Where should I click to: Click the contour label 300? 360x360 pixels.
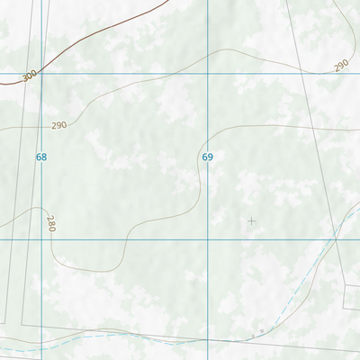pos(29,76)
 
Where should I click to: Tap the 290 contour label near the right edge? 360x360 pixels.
pos(340,66)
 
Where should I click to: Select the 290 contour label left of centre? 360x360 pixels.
pos(59,125)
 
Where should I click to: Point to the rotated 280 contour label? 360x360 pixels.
pos(51,224)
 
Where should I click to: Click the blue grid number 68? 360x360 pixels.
pos(41,157)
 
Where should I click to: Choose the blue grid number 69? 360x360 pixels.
pos(208,157)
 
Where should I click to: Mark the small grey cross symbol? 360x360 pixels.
pos(251,220)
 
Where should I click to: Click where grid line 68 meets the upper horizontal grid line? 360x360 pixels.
pos(41,73)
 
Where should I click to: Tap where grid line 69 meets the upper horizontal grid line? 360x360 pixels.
pos(208,73)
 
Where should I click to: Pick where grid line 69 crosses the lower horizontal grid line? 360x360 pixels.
pos(208,239)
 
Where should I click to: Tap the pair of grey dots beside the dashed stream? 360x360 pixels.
pos(259,332)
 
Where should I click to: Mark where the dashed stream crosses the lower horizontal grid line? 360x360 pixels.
pos(329,239)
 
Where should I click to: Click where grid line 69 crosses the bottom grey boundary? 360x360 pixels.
pos(208,340)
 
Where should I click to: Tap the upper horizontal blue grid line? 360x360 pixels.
pos(126,73)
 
